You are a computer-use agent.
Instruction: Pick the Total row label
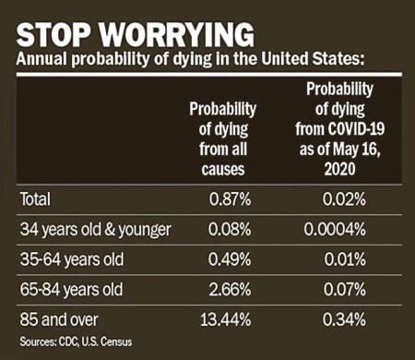[36, 198]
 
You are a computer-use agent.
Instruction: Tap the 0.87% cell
[231, 198]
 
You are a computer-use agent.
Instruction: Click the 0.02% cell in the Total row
[345, 198]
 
